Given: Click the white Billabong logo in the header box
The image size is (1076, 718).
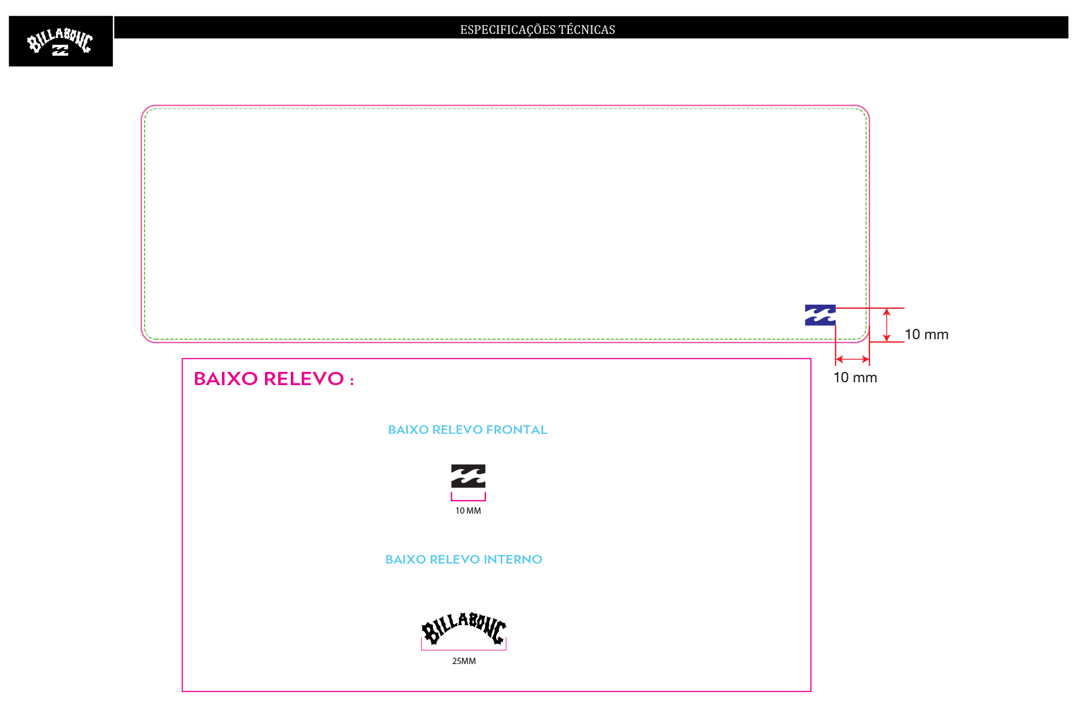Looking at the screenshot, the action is tap(60, 41).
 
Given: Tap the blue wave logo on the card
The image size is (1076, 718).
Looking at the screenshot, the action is tap(820, 315).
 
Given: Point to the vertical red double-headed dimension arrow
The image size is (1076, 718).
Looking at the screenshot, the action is tap(887, 325).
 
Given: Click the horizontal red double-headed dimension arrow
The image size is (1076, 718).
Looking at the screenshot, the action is tap(852, 359).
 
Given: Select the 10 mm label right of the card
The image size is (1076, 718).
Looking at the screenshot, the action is tap(926, 335).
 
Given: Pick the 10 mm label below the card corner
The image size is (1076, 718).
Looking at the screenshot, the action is tap(855, 378).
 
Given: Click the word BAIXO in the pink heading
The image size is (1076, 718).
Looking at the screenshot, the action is tap(225, 379).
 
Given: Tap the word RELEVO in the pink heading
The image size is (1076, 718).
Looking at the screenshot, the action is tap(303, 379).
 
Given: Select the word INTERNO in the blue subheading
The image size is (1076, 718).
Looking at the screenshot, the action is tap(513, 560).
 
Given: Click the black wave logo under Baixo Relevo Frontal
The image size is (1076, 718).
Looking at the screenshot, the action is tap(468, 476).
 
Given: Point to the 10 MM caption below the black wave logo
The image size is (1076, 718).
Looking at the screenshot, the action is tap(468, 511).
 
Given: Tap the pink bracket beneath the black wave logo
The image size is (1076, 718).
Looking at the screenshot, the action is tap(468, 500).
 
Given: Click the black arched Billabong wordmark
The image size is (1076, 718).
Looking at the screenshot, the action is tap(464, 628).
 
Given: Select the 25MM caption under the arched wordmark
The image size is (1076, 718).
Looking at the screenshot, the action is tap(464, 661).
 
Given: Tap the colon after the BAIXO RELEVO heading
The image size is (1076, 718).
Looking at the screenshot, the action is tap(352, 381).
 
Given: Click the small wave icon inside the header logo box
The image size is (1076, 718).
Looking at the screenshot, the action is tap(60, 50).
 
